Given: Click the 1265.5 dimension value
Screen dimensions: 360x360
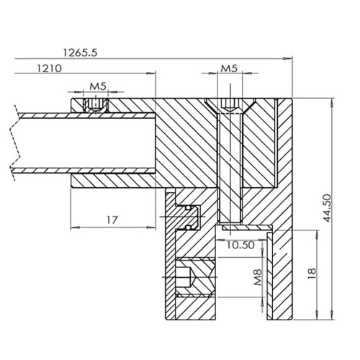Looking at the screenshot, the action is point(80,53).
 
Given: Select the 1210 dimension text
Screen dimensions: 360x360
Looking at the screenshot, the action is point(49,68).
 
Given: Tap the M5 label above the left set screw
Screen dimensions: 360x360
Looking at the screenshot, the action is point(98,86).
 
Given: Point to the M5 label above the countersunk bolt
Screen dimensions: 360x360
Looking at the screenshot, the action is point(229,68).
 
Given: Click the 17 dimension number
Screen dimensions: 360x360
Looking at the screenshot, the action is point(112,220).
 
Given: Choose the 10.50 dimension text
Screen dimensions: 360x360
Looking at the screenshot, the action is point(240,245).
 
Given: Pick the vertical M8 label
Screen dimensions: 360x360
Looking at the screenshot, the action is point(258,277).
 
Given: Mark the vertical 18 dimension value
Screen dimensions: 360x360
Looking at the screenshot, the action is point(312,274).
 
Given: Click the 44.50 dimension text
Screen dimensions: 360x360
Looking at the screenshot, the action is point(327,208).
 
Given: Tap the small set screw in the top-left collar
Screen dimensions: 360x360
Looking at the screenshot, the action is point(95,105).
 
